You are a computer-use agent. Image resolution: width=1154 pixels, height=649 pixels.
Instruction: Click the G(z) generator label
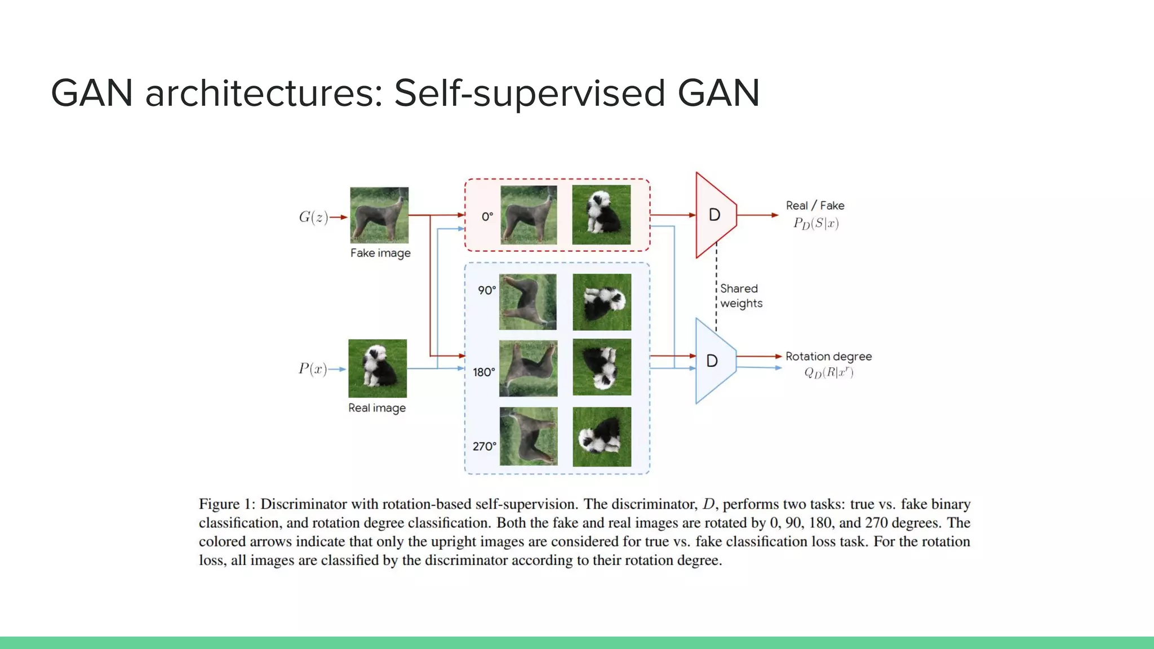(x=313, y=217)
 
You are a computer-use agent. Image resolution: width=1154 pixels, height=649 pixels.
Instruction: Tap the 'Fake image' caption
(x=380, y=253)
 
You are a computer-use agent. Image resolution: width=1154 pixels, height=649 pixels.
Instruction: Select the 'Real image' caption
(x=377, y=408)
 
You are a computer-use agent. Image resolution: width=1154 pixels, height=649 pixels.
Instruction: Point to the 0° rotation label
(x=487, y=216)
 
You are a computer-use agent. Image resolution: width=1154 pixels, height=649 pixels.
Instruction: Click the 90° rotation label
(x=487, y=290)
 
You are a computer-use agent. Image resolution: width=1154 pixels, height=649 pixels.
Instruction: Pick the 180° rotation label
(x=484, y=372)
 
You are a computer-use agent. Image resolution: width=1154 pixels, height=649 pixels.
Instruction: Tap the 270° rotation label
(x=485, y=446)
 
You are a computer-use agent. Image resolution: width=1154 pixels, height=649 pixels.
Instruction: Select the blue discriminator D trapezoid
(x=713, y=361)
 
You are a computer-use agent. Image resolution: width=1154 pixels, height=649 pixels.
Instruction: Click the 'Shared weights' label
(x=741, y=296)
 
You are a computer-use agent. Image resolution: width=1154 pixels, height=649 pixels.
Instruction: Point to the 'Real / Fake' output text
(x=815, y=206)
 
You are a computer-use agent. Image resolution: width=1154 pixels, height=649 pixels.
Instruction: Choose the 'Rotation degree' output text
(x=828, y=356)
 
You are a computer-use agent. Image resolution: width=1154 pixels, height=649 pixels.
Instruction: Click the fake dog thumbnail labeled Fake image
(x=379, y=215)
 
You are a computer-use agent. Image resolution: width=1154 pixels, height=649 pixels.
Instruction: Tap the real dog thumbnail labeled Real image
(x=378, y=368)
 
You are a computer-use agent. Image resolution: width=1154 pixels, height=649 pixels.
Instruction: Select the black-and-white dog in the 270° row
(x=602, y=437)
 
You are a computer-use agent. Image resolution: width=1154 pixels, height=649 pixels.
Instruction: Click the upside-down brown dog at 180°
(x=528, y=368)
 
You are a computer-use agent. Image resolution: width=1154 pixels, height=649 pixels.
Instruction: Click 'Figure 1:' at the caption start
(x=227, y=504)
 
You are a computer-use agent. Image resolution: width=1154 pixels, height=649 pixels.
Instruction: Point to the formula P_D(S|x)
(x=816, y=224)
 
